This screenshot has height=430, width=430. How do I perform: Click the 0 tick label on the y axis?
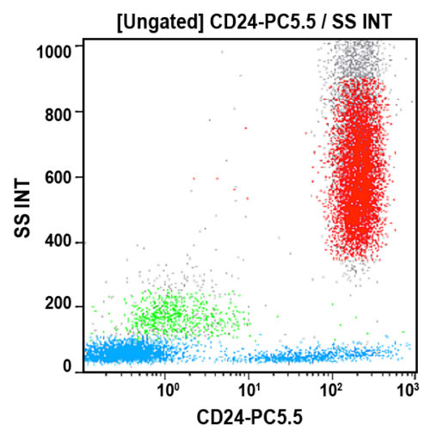click(71, 367)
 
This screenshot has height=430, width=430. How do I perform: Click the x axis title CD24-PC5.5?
click(249, 415)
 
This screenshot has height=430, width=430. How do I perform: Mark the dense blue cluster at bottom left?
click(129, 353)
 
